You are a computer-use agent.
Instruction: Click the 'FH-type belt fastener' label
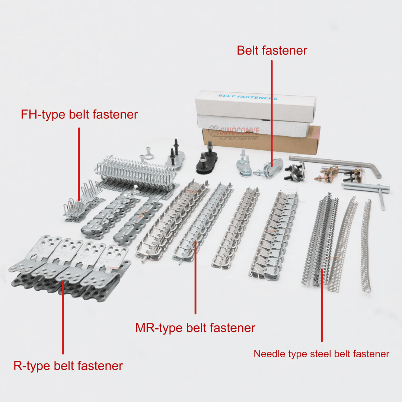point(79,115)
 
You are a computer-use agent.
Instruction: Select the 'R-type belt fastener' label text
point(68,366)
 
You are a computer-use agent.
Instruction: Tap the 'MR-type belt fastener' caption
point(195,328)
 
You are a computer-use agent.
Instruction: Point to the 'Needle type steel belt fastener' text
point(321,354)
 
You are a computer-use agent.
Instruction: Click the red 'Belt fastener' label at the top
point(272,51)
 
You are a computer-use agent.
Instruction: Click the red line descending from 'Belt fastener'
point(272,112)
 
